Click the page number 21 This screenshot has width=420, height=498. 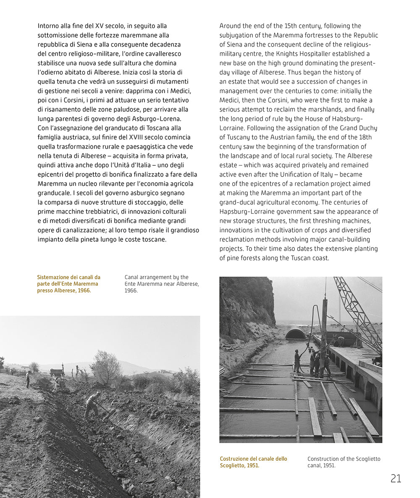click(x=396, y=478)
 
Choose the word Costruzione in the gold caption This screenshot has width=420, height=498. click(x=236, y=459)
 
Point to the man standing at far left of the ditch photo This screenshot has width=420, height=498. click(x=28, y=379)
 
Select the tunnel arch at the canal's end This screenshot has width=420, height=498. click(x=295, y=334)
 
